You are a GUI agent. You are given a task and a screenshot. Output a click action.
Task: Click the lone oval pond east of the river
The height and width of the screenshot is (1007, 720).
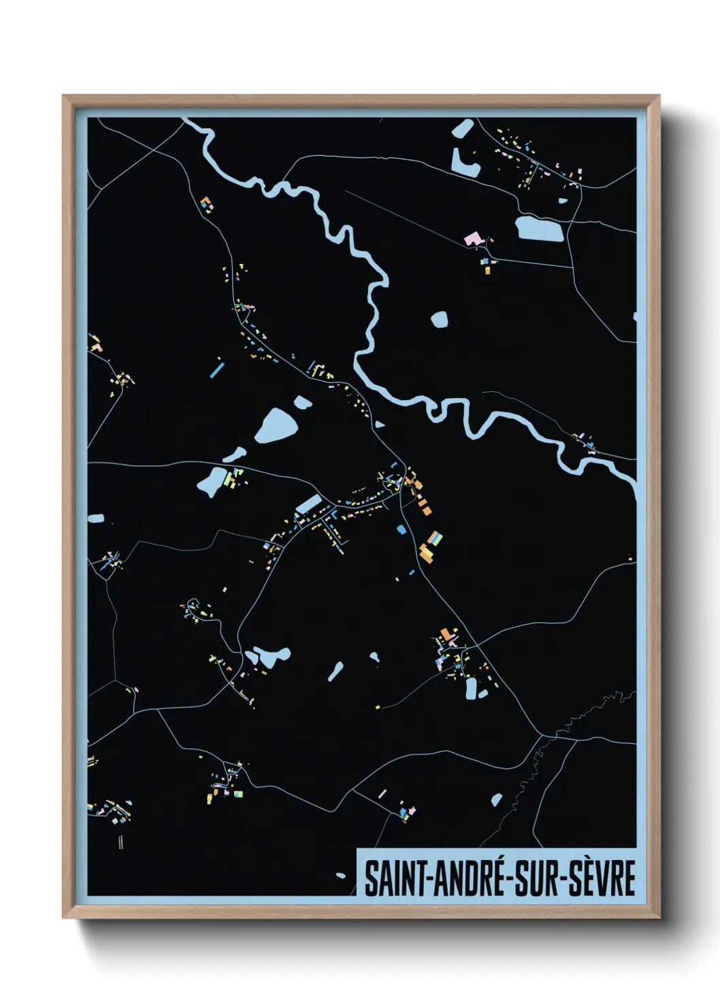[440, 318]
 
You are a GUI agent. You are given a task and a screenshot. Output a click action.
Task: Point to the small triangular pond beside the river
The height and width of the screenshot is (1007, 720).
[380, 425]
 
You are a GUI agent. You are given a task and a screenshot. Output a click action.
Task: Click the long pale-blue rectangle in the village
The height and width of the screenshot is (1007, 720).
[308, 504]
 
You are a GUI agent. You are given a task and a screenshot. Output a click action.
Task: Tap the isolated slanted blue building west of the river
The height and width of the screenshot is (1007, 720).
[216, 370]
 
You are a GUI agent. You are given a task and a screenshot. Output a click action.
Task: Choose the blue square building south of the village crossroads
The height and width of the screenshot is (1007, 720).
[400, 527]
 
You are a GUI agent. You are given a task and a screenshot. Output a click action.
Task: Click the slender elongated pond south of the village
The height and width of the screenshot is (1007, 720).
[336, 672]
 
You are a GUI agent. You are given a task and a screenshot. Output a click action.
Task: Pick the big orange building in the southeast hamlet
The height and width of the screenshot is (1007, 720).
[446, 634]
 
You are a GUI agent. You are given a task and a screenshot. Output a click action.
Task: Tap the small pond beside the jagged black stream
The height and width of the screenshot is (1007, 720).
[496, 800]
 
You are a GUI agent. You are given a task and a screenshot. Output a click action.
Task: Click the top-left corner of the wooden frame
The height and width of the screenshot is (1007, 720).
[63, 96]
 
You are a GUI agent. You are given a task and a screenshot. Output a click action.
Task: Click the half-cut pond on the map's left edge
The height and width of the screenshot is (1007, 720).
[95, 518]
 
